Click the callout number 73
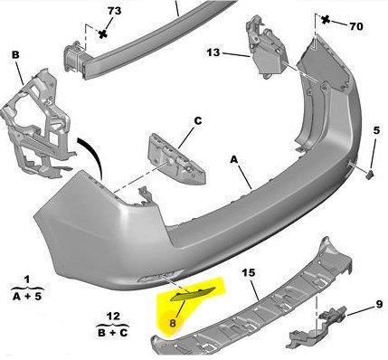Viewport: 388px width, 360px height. pos(114,11)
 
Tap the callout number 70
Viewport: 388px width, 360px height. pos(356,26)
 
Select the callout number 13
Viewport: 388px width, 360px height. pos(213,52)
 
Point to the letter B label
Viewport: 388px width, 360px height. pos(15,55)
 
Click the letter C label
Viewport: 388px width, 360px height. pos(198,121)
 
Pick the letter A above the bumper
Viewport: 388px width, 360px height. pos(234,159)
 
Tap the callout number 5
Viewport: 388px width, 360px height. pos(376,130)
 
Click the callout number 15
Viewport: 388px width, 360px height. pos(249,273)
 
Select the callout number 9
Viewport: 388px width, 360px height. pos(379,304)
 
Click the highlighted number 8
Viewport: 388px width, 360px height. pos(173,324)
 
